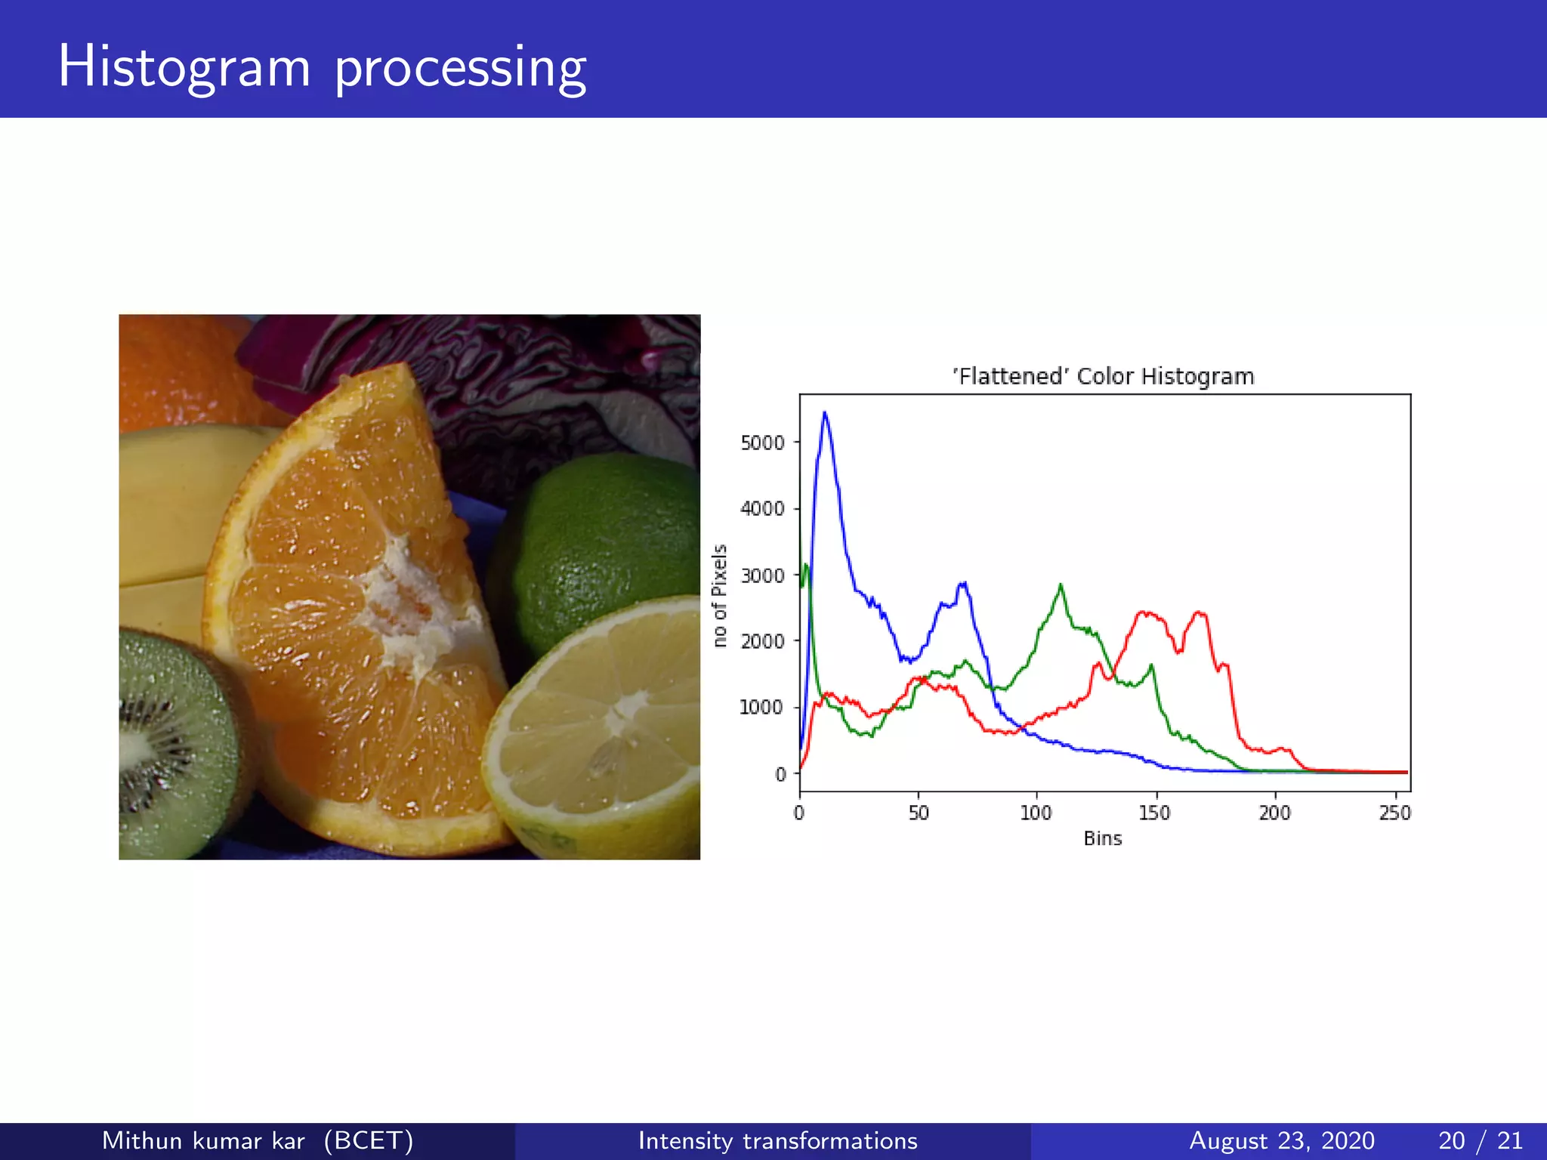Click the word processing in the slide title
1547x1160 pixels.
[x=460, y=68]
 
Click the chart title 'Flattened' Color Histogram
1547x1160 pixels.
[x=1103, y=376]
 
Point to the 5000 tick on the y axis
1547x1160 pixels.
[x=762, y=443]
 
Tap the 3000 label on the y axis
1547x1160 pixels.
[x=762, y=575]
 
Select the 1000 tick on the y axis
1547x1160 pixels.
[x=762, y=708]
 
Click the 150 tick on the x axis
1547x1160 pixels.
[x=1155, y=813]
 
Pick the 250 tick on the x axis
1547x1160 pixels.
[x=1394, y=813]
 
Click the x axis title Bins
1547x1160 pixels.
[x=1102, y=838]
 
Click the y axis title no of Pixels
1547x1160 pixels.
[x=720, y=595]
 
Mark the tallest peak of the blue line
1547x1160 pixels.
[x=824, y=413]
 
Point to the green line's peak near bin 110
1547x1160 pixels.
[x=1061, y=585]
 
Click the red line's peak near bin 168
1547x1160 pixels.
[x=1199, y=612]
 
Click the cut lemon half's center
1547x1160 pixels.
[x=623, y=714]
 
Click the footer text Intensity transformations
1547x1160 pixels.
[x=777, y=1140]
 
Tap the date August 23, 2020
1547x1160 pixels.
[x=1281, y=1140]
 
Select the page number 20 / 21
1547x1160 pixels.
[x=1480, y=1140]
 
